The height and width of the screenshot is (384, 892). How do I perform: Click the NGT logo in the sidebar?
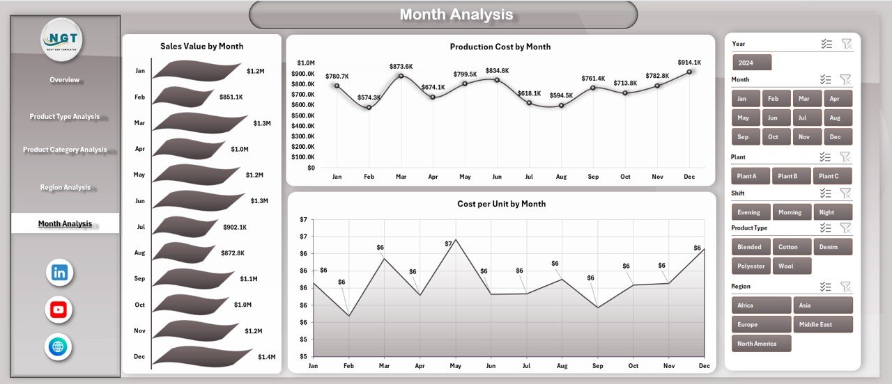pyautogui.click(x=61, y=39)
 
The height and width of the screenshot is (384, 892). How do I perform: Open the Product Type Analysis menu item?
pyautogui.click(x=65, y=117)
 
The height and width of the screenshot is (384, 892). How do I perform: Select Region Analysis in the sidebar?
pyautogui.click(x=66, y=188)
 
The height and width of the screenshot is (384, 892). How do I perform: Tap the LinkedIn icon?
pyautogui.click(x=59, y=273)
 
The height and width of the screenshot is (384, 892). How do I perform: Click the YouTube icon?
pyautogui.click(x=59, y=310)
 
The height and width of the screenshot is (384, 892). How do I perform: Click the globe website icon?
pyautogui.click(x=59, y=346)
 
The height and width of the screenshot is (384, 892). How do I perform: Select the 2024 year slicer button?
pyautogui.click(x=752, y=63)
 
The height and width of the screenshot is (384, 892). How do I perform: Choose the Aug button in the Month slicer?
pyautogui.click(x=837, y=118)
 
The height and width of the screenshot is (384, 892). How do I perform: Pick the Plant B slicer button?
pyautogui.click(x=792, y=177)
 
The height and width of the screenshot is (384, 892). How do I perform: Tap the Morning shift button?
pyautogui.click(x=790, y=213)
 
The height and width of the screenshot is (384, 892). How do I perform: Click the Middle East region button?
pyautogui.click(x=822, y=325)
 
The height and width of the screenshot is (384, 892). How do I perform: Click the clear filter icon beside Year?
pyautogui.click(x=846, y=44)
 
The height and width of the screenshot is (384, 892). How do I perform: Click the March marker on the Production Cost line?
pyautogui.click(x=401, y=76)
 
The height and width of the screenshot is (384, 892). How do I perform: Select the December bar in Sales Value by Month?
pyautogui.click(x=202, y=355)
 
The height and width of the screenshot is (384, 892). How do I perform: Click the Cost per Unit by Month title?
pyautogui.click(x=501, y=204)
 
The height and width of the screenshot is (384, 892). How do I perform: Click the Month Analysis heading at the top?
pyautogui.click(x=456, y=15)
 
